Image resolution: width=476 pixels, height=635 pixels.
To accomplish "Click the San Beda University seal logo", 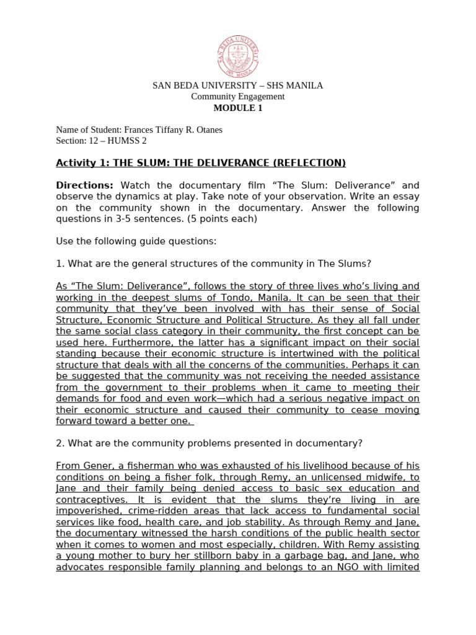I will click(x=238, y=56).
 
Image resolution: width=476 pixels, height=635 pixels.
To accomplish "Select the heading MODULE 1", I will click(x=238, y=108).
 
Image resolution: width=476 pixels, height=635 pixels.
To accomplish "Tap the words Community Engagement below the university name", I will click(x=238, y=97).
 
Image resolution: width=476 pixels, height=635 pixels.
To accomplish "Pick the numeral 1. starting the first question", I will click(x=60, y=264).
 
